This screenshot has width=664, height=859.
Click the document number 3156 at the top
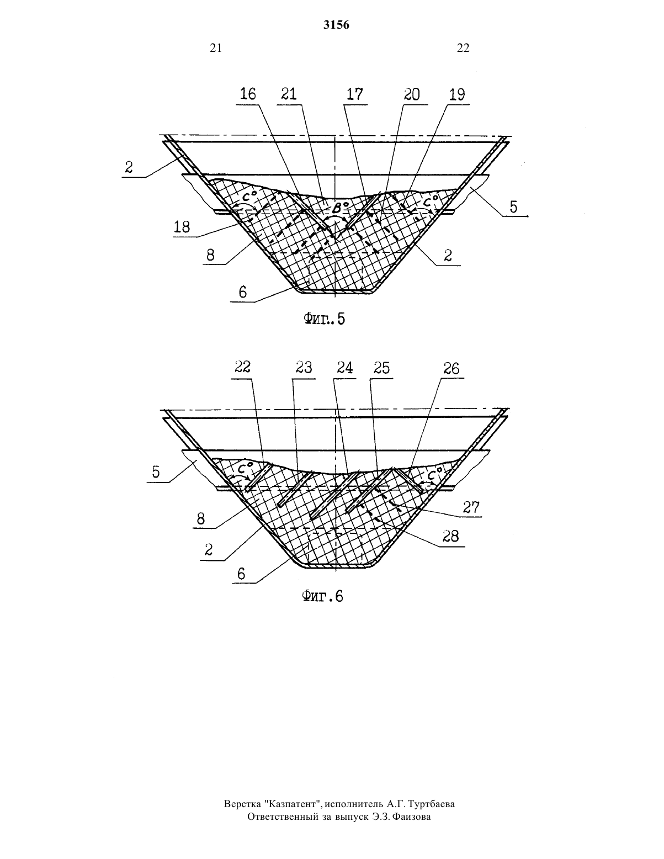(x=336, y=25)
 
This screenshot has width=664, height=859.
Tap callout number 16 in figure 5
(x=248, y=94)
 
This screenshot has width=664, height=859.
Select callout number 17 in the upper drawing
(x=355, y=94)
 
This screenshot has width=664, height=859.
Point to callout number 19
(x=457, y=94)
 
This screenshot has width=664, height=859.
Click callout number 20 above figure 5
(x=412, y=94)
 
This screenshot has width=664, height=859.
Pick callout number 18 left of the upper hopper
(x=182, y=227)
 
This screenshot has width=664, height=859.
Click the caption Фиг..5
(x=324, y=319)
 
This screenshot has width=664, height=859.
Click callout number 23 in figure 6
(x=303, y=368)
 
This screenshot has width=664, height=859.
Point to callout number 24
(x=344, y=368)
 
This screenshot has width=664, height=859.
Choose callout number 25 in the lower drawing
(x=381, y=368)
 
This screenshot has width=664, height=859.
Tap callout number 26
(x=451, y=368)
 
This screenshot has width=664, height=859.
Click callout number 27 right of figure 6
(x=471, y=507)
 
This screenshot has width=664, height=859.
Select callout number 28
(x=450, y=535)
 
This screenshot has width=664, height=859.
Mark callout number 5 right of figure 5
(x=513, y=207)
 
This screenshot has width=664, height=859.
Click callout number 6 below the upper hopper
(x=243, y=292)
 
